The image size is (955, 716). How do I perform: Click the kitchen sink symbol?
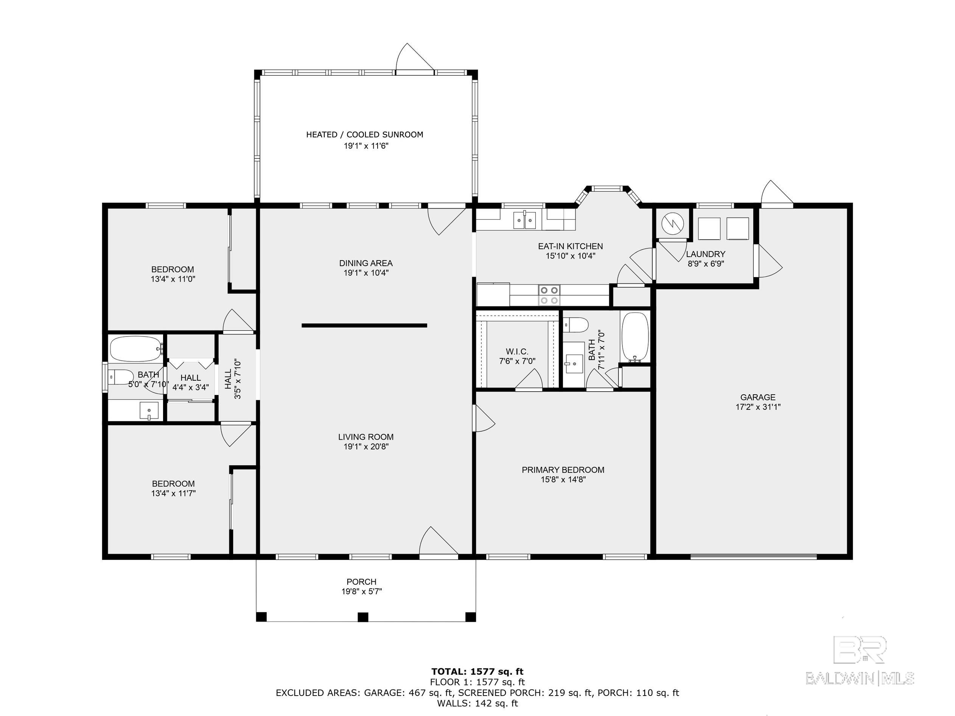pos(524,220)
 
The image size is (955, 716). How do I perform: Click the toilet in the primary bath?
pos(576,325)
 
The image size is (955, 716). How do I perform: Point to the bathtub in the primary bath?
pos(635,337)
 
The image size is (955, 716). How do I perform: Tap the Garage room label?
pos(758,397)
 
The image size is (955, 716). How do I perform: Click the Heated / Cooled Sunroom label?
pos(365,135)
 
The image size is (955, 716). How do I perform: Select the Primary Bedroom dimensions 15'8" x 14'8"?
pos(563,479)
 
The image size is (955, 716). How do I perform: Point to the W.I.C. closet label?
pos(517,352)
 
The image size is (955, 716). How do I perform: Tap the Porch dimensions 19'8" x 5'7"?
pos(362,591)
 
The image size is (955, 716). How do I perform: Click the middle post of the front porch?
pos(364,617)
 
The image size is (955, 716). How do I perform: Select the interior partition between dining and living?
pos(364,325)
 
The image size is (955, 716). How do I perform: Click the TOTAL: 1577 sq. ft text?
pos(477,671)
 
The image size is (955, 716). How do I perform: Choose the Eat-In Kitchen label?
pos(570,246)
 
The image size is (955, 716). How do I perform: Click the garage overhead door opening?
pos(753,557)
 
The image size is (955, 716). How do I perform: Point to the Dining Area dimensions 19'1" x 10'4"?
pos(366,273)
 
